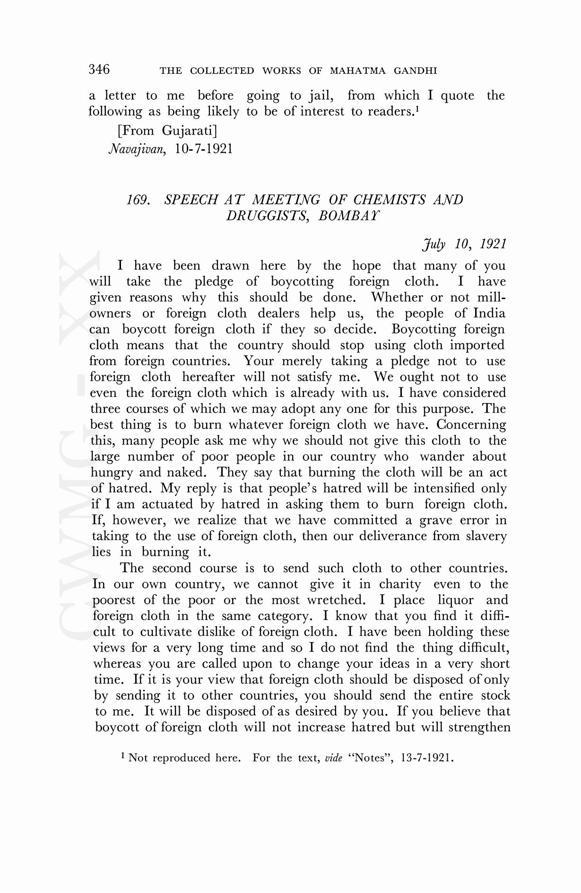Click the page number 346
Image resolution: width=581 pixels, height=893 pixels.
(99, 69)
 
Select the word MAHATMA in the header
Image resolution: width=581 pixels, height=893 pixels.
(356, 71)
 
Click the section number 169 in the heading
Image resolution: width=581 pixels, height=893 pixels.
(138, 200)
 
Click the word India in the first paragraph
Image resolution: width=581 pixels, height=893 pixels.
(490, 314)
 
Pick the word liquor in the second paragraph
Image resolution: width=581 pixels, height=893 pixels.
(455, 600)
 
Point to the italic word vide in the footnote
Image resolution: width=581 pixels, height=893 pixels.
(334, 758)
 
